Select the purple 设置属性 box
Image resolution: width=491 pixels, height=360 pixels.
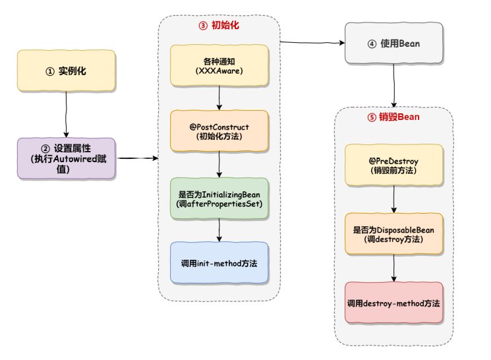[x=66, y=158]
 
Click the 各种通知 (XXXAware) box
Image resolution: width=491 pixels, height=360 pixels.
[x=219, y=65]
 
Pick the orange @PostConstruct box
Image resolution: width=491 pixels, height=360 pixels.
[x=219, y=131]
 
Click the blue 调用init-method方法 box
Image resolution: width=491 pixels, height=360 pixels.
[x=219, y=263]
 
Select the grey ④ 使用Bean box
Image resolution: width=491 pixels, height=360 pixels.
[x=393, y=44]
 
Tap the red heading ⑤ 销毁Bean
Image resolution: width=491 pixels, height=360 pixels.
[x=393, y=117]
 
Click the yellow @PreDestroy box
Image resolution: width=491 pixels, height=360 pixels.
[x=393, y=165]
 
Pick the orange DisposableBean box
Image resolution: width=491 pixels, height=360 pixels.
[x=393, y=233]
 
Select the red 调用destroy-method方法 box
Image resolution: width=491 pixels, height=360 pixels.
[x=393, y=303]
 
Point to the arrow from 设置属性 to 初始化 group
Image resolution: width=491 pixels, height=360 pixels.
[x=137, y=158]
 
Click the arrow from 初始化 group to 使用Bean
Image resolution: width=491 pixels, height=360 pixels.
[x=313, y=44]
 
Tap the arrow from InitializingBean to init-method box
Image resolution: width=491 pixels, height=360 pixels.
[x=219, y=230]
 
